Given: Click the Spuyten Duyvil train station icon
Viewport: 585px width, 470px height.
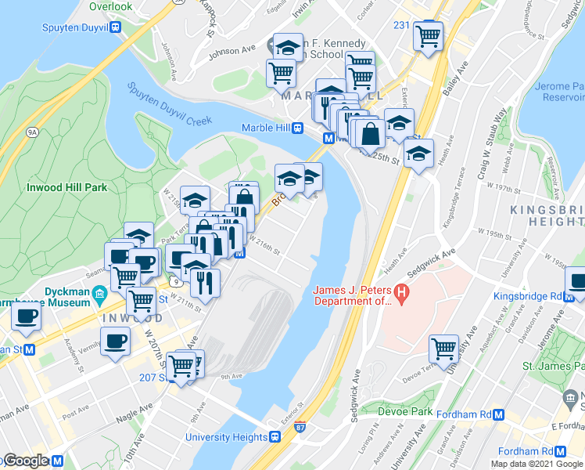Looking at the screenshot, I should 116,27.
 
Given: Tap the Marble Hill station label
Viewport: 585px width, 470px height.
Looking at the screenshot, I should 266,128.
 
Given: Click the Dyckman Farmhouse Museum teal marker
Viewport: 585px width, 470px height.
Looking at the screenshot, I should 99,295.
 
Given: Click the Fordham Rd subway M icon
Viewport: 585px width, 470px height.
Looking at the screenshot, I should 560,452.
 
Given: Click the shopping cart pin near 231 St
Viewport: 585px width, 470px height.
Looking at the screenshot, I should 429,35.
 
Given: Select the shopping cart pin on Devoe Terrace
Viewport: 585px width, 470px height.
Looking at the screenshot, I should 443,349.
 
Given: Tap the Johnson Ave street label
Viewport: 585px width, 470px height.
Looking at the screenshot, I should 232,52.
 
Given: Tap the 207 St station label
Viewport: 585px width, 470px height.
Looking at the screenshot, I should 153,377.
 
